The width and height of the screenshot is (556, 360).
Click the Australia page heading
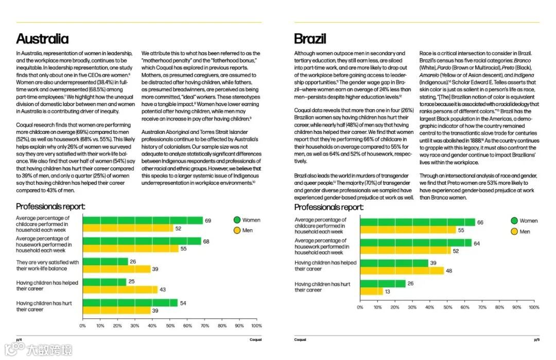[x=42, y=39]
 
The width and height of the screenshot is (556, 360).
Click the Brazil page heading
[x=310, y=39]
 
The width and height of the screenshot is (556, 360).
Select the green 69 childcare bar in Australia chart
[x=143, y=220]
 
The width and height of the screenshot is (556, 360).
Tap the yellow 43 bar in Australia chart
[x=120, y=289]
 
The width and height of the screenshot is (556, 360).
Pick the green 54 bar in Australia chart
[x=130, y=303]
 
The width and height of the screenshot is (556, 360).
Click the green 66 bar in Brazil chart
[x=418, y=222]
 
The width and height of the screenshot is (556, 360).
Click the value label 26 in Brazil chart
[x=411, y=284]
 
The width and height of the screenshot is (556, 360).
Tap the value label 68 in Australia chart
[x=206, y=241]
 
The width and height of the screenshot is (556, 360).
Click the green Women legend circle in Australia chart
[x=237, y=220]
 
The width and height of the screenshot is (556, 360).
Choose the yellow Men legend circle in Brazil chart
[x=514, y=231]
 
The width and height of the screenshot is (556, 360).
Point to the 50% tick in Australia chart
[x=169, y=325]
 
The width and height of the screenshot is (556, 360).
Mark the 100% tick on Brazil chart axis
[x=534, y=307]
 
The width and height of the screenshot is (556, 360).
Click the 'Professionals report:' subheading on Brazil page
[x=328, y=207]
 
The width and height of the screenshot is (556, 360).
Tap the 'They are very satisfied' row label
[x=47, y=265]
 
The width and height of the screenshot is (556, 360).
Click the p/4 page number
[x=19, y=339]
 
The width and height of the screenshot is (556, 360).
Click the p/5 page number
[x=536, y=339]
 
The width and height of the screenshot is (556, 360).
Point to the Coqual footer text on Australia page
[x=255, y=339]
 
